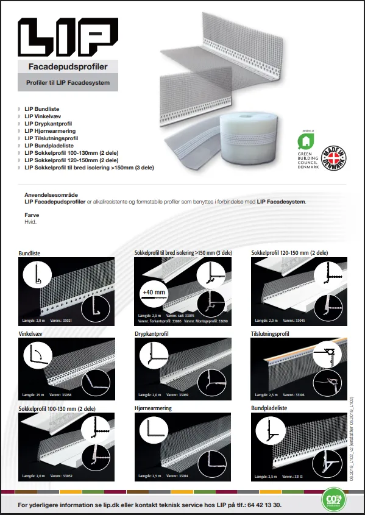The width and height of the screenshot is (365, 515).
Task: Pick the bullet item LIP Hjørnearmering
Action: pos(50,131)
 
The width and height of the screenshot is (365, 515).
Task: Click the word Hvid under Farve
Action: pos(30,222)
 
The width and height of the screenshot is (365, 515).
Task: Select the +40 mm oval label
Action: pos(154,293)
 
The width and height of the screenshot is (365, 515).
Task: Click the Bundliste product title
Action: pos(32,252)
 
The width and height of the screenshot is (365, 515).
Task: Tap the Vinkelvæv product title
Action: pos(32,334)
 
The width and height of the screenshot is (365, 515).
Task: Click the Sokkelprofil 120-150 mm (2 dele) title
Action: pos(289,252)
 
